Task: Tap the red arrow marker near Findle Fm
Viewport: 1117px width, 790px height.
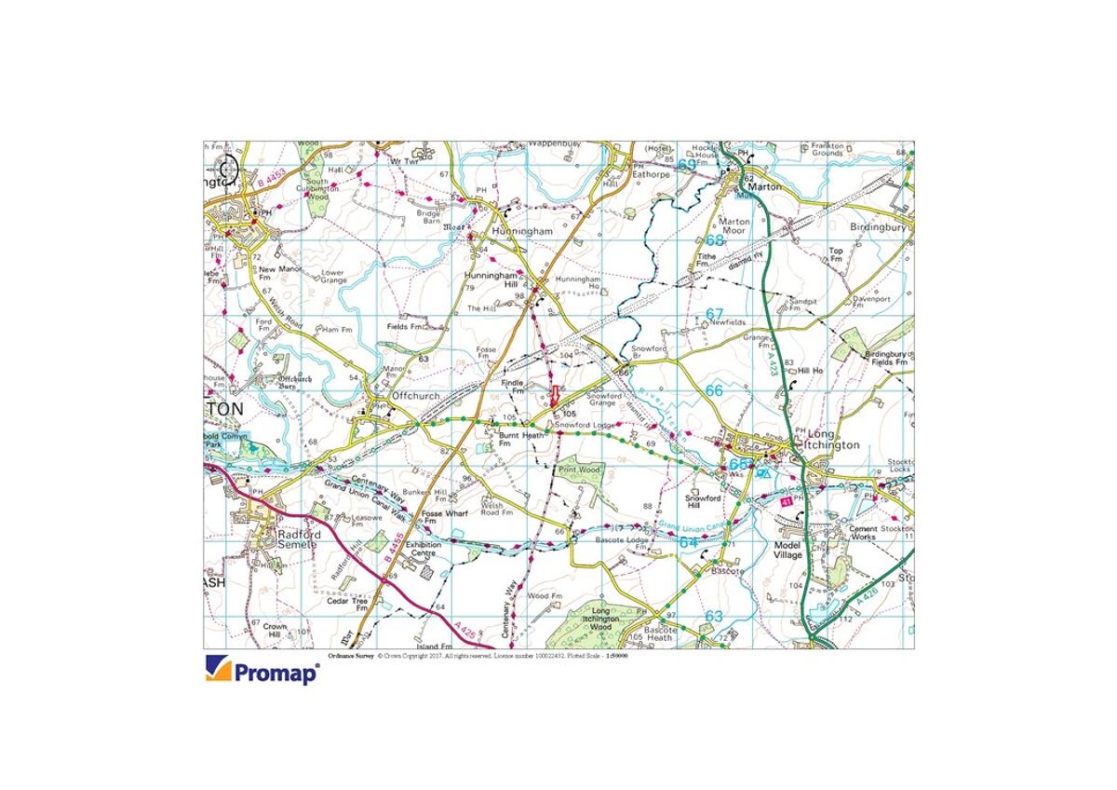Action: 558,394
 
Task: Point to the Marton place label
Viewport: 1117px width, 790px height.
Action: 762,186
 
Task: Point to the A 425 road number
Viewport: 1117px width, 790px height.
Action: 470,634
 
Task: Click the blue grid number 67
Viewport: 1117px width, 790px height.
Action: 714,313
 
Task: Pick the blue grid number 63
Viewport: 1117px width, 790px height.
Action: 713,616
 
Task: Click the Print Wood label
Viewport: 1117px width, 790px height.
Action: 578,470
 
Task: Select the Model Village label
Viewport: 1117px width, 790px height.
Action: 787,550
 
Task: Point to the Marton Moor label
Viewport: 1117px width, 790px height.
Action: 734,226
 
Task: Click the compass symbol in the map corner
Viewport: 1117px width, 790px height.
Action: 228,170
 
